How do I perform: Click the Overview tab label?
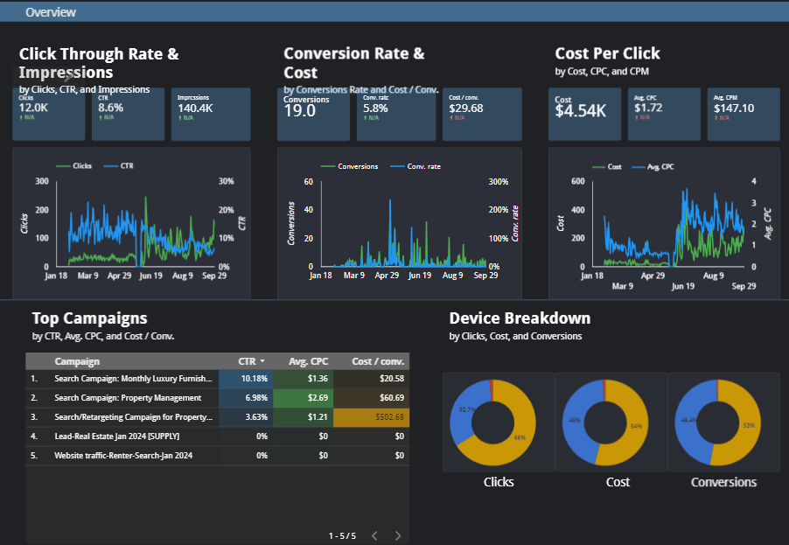[x=51, y=12]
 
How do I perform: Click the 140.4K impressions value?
[x=195, y=108]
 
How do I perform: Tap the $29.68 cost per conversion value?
[x=465, y=108]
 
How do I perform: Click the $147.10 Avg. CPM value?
[x=734, y=108]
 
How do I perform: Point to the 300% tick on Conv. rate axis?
[x=499, y=182]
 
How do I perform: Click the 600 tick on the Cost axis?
[x=577, y=182]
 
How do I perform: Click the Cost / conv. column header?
[x=377, y=361]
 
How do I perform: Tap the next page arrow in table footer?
[x=398, y=535]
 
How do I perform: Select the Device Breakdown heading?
[x=520, y=318]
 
